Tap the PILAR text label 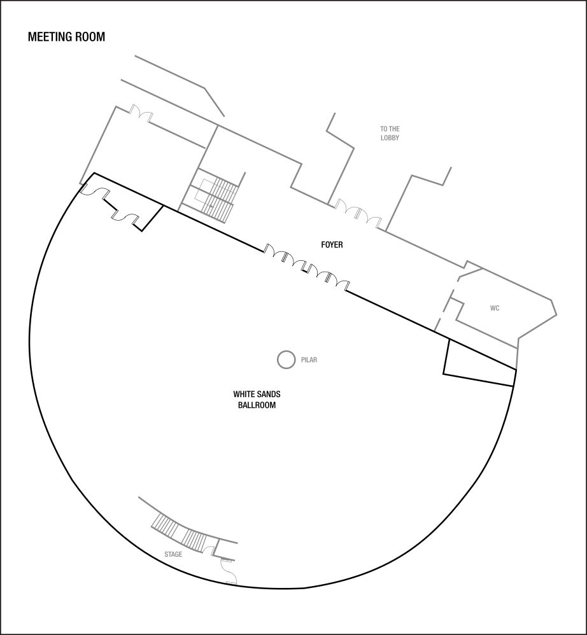point(309,360)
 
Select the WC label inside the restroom point(495,309)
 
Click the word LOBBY point(390,138)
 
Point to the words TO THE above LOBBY point(390,129)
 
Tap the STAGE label point(173,555)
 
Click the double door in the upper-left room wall point(141,113)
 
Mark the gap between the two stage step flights point(179,532)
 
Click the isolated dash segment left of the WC point(437,323)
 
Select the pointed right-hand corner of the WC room point(556,314)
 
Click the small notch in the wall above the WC point(471,263)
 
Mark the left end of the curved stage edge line point(139,498)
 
